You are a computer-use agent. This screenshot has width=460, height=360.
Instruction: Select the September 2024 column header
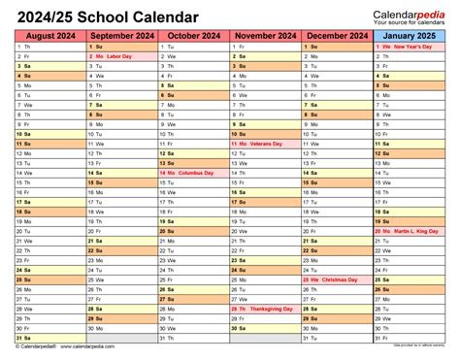pyautogui.click(x=121, y=35)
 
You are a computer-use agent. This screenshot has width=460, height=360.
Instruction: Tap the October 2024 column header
pyautogui.click(x=193, y=35)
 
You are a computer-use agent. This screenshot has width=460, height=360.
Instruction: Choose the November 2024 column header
pyautogui.click(x=265, y=35)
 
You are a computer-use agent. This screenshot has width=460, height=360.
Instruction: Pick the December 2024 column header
pyautogui.click(x=337, y=35)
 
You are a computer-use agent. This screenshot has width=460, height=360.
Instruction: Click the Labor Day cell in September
pyautogui.click(x=121, y=57)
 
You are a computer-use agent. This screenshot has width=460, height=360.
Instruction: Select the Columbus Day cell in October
pyautogui.click(x=193, y=174)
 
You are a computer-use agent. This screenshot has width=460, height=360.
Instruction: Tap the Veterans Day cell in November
pyautogui.click(x=265, y=145)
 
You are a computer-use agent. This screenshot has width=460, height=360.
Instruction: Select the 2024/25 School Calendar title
pyautogui.click(x=107, y=16)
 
